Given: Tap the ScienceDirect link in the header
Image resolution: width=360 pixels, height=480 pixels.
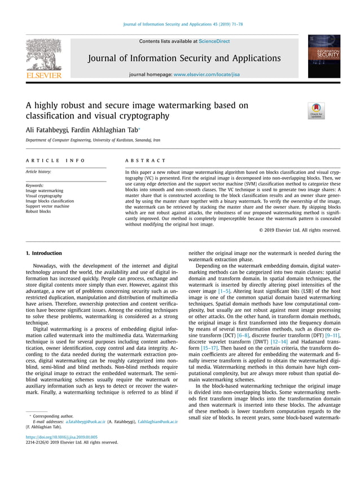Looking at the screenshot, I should click(214, 41).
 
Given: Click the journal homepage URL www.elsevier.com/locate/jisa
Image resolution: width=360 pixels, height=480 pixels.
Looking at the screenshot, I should click(207, 74).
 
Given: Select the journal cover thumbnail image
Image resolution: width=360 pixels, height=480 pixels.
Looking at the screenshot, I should click(323, 56).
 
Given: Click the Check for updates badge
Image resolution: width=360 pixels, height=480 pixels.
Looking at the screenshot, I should click(316, 111).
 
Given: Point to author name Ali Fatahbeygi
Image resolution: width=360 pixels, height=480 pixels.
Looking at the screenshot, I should click(47, 130).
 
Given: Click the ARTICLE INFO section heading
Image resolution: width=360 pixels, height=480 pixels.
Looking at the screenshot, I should click(55, 161).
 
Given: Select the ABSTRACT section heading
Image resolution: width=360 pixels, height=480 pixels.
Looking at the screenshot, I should click(146, 161).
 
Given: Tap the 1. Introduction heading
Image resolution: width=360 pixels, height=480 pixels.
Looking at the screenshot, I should click(44, 254).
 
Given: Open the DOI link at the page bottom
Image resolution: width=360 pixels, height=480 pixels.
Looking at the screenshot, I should click(62, 437).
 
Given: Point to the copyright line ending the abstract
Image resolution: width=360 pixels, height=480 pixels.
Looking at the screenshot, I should click(300, 230).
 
